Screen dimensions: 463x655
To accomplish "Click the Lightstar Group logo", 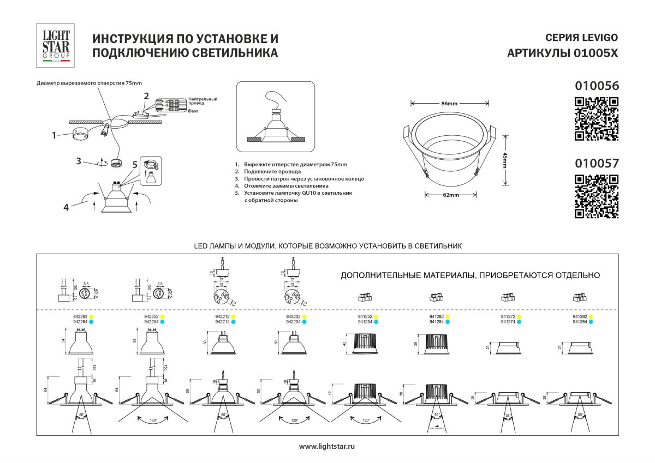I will coord(57,45).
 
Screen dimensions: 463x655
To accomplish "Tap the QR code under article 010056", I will coord(597,118).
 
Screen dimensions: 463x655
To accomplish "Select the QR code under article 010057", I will coord(597,196).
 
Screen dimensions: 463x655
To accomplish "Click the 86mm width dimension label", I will coord(449,103).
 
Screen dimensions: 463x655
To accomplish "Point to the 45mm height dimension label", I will coord(505,160).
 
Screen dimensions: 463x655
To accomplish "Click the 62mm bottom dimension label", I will coord(451,195).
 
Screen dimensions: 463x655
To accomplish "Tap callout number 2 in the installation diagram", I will coord(146,96).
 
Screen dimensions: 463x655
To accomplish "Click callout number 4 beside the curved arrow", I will coord(66,207).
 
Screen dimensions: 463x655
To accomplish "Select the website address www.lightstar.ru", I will coord(327,446).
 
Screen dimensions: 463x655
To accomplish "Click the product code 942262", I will coord(81,316).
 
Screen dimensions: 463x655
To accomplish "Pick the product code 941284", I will coord(437,322).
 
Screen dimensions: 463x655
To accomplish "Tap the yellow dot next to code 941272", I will coord(520,316).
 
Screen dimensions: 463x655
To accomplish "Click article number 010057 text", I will coord(597,163).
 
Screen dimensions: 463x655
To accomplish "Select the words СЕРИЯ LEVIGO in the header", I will coord(582,38).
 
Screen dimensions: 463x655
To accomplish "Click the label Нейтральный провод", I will coord(203,101).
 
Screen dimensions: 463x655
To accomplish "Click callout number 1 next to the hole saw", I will coord(55,135).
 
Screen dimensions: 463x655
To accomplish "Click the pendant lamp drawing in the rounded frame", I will coord(276,117).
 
